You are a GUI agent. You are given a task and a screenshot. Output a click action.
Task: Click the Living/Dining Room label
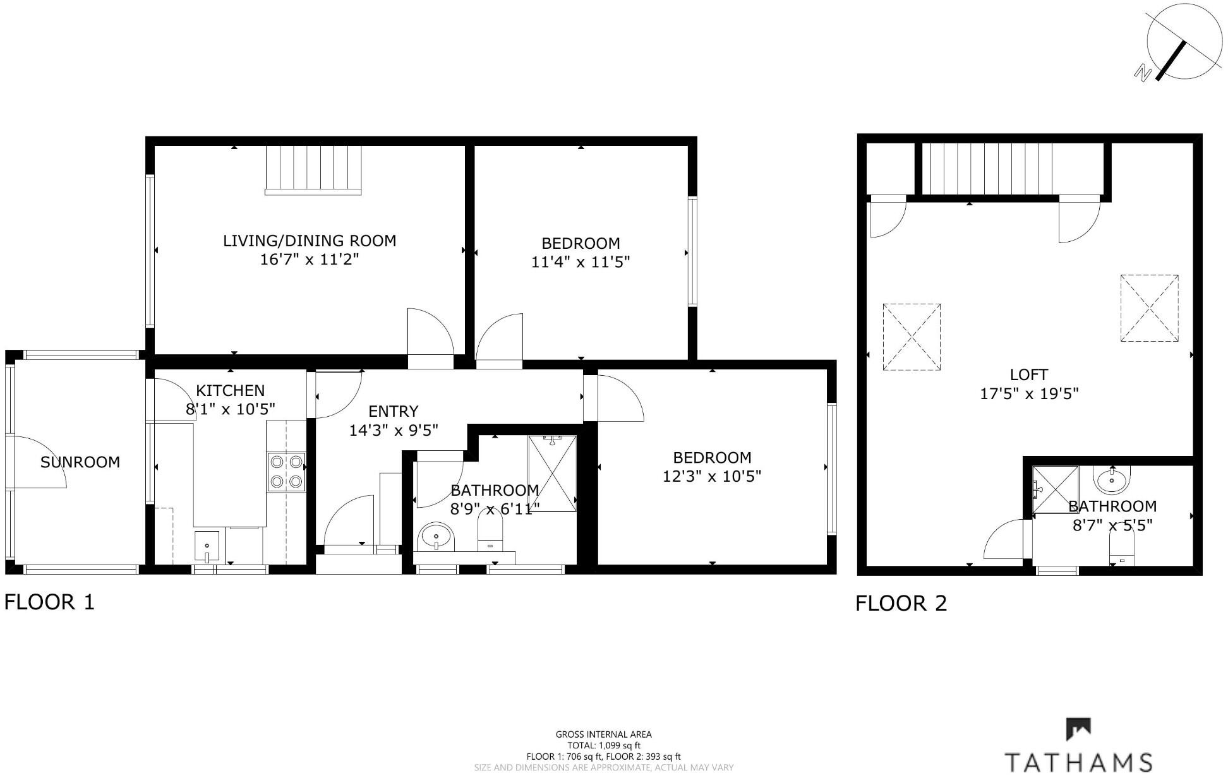pos(310,241)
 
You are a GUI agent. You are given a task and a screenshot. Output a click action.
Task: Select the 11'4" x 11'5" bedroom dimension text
pos(581,261)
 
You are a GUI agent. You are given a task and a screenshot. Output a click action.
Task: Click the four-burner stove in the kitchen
pos(286,472)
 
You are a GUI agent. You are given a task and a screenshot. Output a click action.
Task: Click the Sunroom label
pos(80,462)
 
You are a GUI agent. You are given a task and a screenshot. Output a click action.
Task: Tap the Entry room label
pos(393,412)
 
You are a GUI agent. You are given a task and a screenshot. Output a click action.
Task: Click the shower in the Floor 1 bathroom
pos(552,473)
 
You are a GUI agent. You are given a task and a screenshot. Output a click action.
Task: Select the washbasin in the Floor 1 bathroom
pos(436,538)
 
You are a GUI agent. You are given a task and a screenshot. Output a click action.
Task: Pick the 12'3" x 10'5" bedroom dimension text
pos(712,476)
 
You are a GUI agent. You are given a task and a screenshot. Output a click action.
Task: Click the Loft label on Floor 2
pos(1029,375)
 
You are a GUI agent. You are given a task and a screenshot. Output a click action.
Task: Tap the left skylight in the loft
pos(912,337)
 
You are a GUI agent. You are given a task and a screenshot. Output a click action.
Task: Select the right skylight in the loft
pos(1149,308)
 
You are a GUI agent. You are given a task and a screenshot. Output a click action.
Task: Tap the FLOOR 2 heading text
pos(901,603)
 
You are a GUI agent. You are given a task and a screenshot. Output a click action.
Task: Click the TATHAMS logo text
pos(1078,761)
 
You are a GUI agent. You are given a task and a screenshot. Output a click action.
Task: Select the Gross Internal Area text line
pos(603,734)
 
